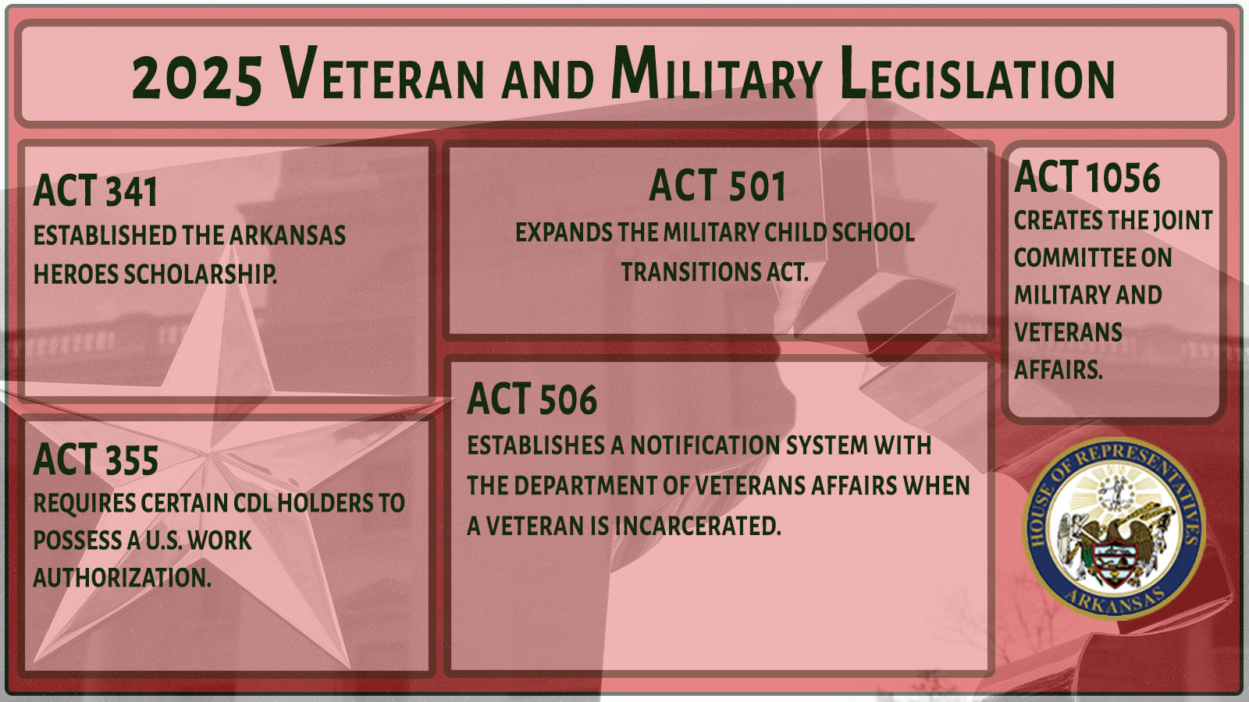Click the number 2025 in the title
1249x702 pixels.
pyautogui.click(x=197, y=77)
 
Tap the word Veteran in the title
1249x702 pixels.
pyautogui.click(x=382, y=73)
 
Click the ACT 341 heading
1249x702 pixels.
pyautogui.click(x=95, y=191)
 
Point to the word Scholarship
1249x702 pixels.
pyautogui.click(x=200, y=274)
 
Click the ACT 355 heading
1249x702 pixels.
pyautogui.click(x=95, y=459)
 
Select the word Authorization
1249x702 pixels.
pyautogui.click(x=122, y=578)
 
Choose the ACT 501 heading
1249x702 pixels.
pyautogui.click(x=717, y=186)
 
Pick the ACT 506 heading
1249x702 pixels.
pyautogui.click(x=532, y=399)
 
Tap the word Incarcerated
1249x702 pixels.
pyautogui.click(x=698, y=526)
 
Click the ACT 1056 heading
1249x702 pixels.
pyautogui.click(x=1087, y=177)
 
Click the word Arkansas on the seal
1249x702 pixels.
pyautogui.click(x=1115, y=599)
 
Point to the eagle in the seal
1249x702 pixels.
pyautogui.click(x=1115, y=541)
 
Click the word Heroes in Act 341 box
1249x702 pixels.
pyautogui.click(x=76, y=274)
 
